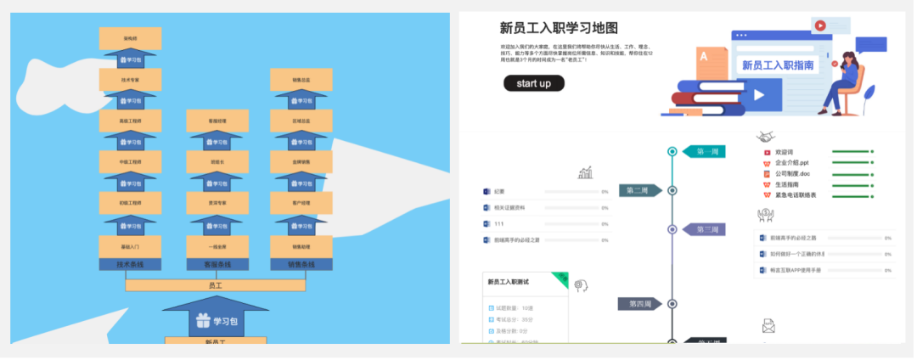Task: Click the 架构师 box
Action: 131,38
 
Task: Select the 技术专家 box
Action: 131,80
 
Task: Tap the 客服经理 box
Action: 217,121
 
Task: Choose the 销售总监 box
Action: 301,80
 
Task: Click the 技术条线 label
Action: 131,264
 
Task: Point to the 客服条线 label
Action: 217,264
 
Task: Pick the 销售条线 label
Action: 301,264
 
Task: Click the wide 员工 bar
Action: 216,285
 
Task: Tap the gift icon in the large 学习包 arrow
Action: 201,321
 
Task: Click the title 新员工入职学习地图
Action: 559,28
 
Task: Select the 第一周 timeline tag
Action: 706,152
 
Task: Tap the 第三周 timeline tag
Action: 706,229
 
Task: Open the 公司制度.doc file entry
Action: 792,174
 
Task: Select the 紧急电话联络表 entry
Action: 795,195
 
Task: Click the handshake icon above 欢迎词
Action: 765,137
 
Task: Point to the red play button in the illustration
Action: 820,25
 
